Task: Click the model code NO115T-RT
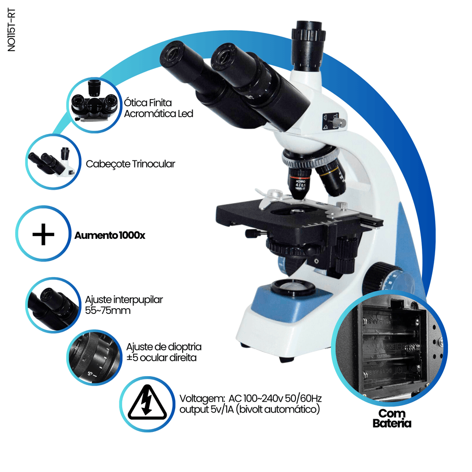click(11, 30)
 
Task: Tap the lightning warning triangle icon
click(147, 403)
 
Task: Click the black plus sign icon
click(43, 234)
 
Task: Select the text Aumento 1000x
click(110, 236)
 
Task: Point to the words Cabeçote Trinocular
click(130, 164)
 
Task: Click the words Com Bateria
click(392, 418)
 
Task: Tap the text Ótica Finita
click(148, 102)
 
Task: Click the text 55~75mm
click(108, 311)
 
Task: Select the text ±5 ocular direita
click(161, 358)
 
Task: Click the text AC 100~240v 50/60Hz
click(275, 398)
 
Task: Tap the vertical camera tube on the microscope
click(308, 45)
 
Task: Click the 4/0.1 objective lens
click(299, 183)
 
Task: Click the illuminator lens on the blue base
click(292, 287)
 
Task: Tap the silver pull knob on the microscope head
click(339, 122)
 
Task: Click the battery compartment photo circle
click(389, 348)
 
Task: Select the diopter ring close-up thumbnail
click(94, 357)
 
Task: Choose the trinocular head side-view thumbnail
click(53, 161)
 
